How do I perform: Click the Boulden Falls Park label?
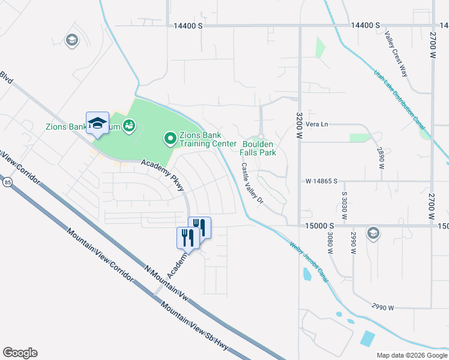click(259, 148)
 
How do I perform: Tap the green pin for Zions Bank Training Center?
click(170, 139)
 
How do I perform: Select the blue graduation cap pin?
click(97, 124)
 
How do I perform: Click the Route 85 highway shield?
click(7, 182)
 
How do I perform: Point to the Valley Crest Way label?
click(396, 54)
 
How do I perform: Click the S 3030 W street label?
click(345, 205)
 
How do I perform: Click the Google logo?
click(20, 353)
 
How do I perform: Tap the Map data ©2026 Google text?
click(411, 355)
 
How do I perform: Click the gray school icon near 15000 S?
click(373, 233)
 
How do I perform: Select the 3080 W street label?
click(330, 243)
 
